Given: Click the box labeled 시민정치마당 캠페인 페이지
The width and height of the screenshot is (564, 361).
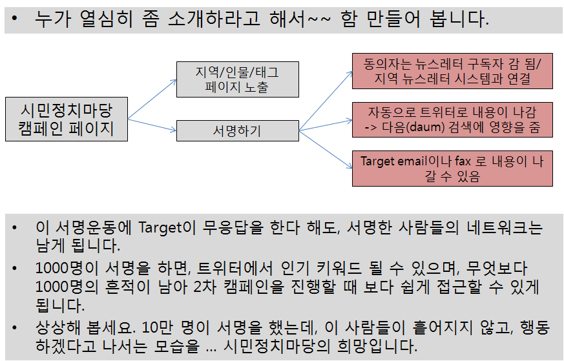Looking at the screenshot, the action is tap(67, 119).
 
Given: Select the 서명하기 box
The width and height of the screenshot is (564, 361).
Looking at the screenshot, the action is tap(237, 130).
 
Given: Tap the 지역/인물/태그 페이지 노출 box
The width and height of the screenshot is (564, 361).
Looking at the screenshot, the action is tap(237, 79).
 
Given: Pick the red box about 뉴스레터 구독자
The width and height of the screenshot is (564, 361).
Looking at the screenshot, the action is tap(452, 71).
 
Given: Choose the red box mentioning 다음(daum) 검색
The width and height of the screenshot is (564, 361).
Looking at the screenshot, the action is tap(452, 119).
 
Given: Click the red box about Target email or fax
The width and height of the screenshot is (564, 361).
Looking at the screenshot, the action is tap(452, 169).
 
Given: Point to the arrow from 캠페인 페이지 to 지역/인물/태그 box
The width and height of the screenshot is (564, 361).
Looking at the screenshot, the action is tap(152, 99).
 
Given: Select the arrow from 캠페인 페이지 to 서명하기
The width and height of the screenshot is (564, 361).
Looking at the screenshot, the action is tap(152, 125).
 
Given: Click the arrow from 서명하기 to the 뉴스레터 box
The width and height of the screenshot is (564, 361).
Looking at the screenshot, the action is tap(326, 101).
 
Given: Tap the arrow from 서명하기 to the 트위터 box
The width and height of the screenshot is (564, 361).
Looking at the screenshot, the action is tap(326, 125).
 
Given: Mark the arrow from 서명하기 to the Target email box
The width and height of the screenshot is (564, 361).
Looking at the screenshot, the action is tap(326, 149).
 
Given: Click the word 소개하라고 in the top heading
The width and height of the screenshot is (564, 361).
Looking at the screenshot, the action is tap(214, 19).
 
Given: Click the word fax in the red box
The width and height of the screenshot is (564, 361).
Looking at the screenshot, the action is tap(463, 161).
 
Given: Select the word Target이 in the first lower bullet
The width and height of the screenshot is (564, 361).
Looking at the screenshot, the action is tap(167, 228).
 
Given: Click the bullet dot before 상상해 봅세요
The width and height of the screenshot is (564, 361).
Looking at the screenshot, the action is tap(14, 327).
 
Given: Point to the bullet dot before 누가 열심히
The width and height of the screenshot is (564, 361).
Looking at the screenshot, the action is tap(14, 18).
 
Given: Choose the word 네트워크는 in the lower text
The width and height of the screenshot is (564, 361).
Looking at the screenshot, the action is tap(505, 227).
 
